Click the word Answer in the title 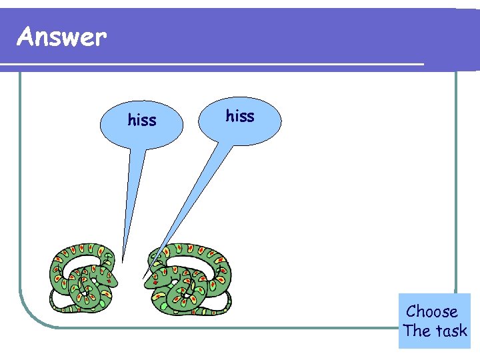61,37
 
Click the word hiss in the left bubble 142,120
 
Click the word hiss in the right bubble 240,116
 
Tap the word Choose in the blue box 432,312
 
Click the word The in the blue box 417,331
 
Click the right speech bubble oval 240,120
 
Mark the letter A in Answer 27,37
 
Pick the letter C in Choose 411,311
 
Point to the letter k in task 463,331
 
